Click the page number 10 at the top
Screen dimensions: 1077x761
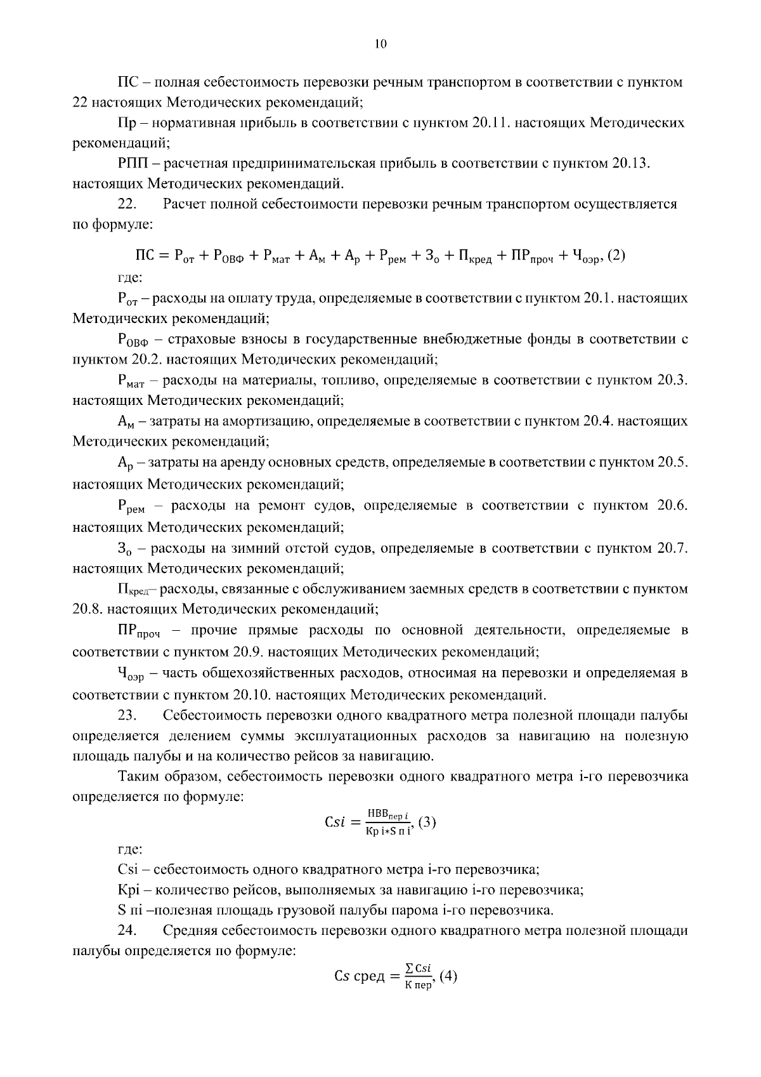[x=380, y=44]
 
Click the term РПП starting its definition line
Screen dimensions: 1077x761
[x=133, y=163]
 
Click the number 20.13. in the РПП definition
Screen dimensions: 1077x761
[x=632, y=163]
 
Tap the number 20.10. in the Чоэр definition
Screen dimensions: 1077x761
[x=255, y=694]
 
